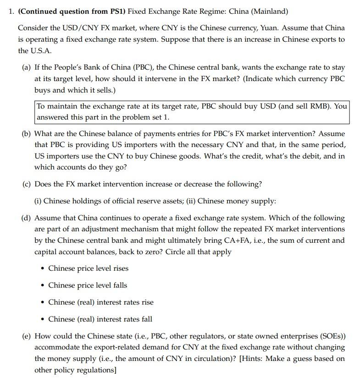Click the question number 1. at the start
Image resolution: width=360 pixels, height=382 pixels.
coord(11,11)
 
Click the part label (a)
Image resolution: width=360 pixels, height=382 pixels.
coord(27,67)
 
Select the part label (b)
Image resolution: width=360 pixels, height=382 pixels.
coord(27,134)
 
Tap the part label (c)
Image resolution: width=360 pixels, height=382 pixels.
coord(27,184)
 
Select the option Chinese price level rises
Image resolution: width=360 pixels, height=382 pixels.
coord(88,268)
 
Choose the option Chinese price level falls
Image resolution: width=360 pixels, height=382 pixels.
coord(88,285)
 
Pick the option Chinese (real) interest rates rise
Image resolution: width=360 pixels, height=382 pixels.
coord(101,302)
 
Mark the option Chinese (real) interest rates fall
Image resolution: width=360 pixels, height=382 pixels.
coord(100,319)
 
